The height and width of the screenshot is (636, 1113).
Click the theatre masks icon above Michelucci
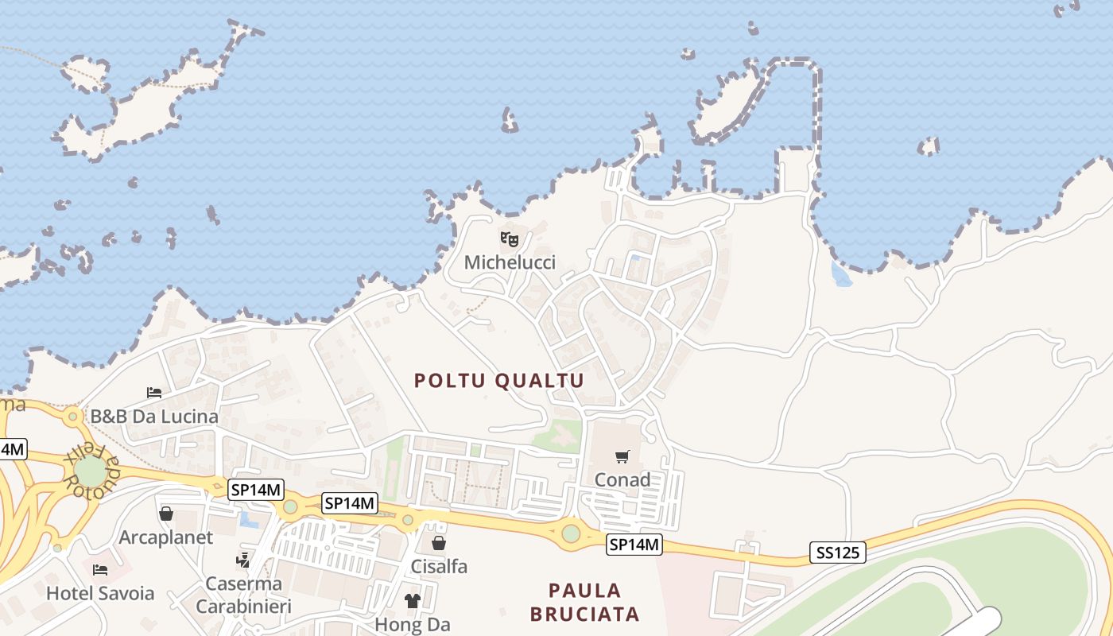point(510,238)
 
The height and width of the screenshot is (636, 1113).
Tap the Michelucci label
point(510,262)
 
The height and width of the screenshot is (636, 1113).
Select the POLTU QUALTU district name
point(499,381)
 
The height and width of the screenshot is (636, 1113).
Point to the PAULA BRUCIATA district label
point(585,602)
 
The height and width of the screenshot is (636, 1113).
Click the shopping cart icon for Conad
point(622,456)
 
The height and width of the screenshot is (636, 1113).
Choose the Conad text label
point(622,480)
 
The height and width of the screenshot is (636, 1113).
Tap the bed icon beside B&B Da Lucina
point(154,392)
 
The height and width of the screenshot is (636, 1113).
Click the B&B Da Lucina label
point(154,417)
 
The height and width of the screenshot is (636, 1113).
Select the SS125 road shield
point(838,552)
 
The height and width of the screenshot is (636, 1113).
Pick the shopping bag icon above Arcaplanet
point(166,514)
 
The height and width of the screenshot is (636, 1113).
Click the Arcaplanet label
point(166,537)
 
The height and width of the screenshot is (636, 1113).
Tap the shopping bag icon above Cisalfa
point(438,543)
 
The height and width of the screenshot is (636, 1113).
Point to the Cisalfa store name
point(439,567)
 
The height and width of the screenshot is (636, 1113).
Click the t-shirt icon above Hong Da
point(413,601)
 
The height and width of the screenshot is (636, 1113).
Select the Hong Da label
point(413,625)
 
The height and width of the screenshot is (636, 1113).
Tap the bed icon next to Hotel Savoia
point(100,569)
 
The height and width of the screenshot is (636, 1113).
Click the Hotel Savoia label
point(100,593)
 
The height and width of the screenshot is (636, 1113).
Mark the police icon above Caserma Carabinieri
point(243,560)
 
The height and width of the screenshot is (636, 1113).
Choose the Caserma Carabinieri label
point(244,595)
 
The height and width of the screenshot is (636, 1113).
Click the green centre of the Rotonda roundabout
point(91,472)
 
